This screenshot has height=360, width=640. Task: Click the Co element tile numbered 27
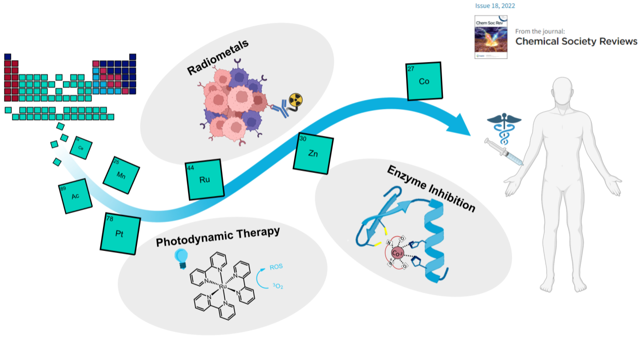[423, 81]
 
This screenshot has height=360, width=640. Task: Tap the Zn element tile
[313, 153]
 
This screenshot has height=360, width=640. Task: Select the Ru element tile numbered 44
[204, 179]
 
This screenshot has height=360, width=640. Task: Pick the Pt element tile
[119, 233]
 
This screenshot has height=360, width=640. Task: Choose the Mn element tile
[121, 175]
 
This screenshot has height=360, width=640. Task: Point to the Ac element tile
[75, 196]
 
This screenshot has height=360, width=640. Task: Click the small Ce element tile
[81, 147]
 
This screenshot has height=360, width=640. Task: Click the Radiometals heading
[218, 58]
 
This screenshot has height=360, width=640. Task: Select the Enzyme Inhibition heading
[430, 188]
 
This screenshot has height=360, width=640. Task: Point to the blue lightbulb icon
[180, 256]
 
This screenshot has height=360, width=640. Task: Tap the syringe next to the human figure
[503, 152]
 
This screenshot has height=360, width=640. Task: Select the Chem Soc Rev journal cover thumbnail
[490, 36]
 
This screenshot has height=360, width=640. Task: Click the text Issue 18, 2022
[495, 6]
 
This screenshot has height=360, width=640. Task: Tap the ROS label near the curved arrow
[276, 268]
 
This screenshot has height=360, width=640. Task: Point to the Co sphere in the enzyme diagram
[398, 253]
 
